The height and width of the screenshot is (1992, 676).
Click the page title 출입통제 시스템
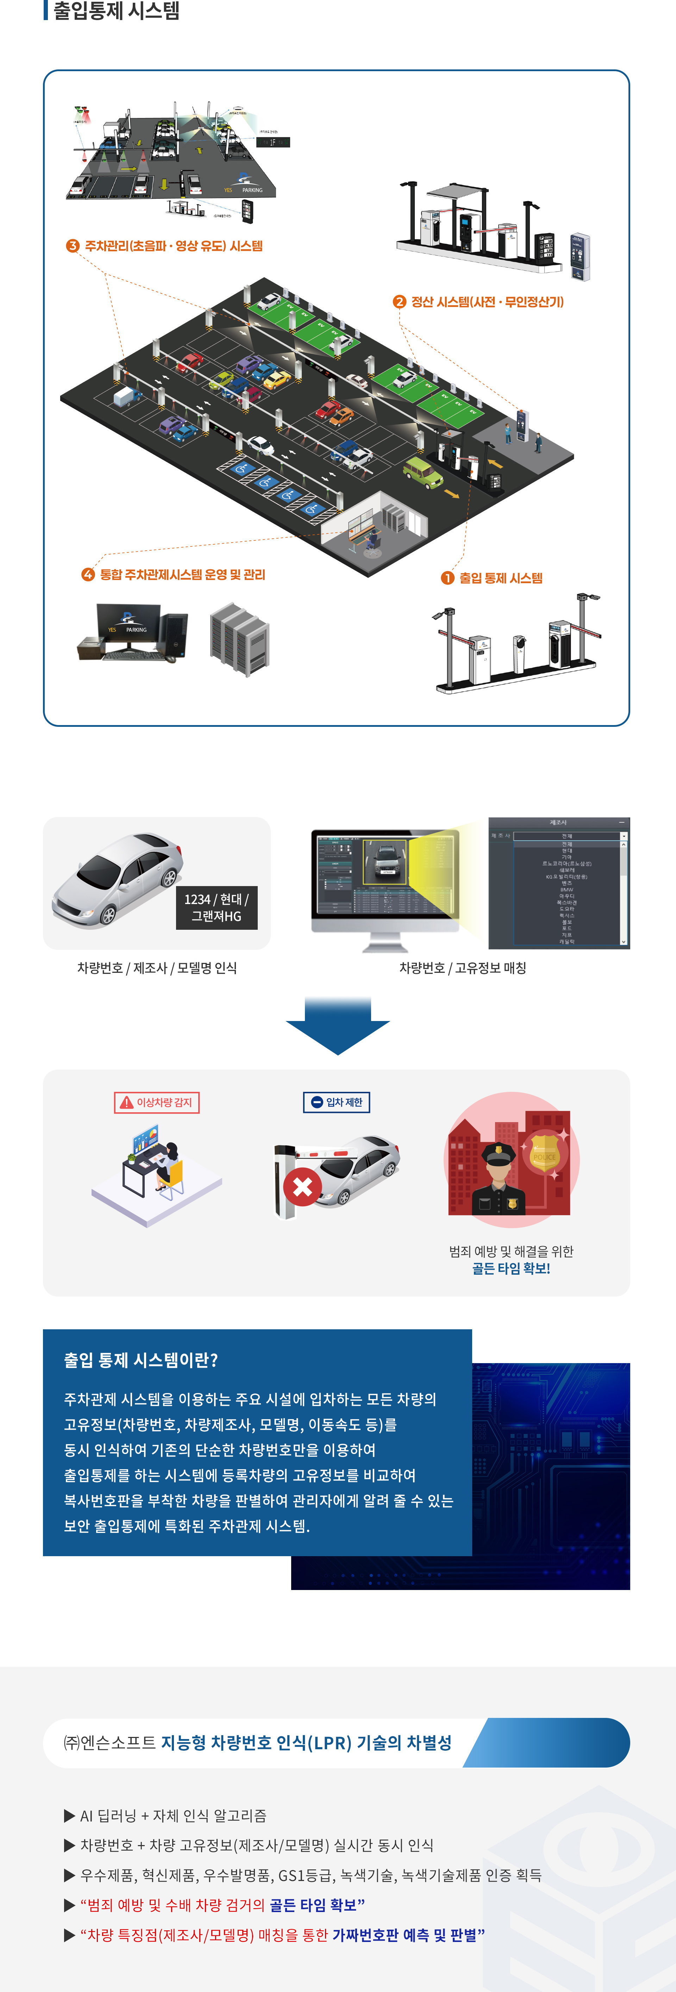[x=116, y=11]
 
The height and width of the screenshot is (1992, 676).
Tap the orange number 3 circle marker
[x=73, y=246]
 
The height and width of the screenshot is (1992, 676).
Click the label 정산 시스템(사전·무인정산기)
[x=487, y=302]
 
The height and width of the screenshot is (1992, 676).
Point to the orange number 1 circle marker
[x=447, y=579]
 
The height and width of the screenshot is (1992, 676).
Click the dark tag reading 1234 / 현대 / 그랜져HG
[x=216, y=908]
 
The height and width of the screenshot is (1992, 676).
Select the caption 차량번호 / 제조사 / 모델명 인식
[x=157, y=968]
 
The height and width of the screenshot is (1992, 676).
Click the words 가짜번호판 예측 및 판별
[x=404, y=1935]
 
